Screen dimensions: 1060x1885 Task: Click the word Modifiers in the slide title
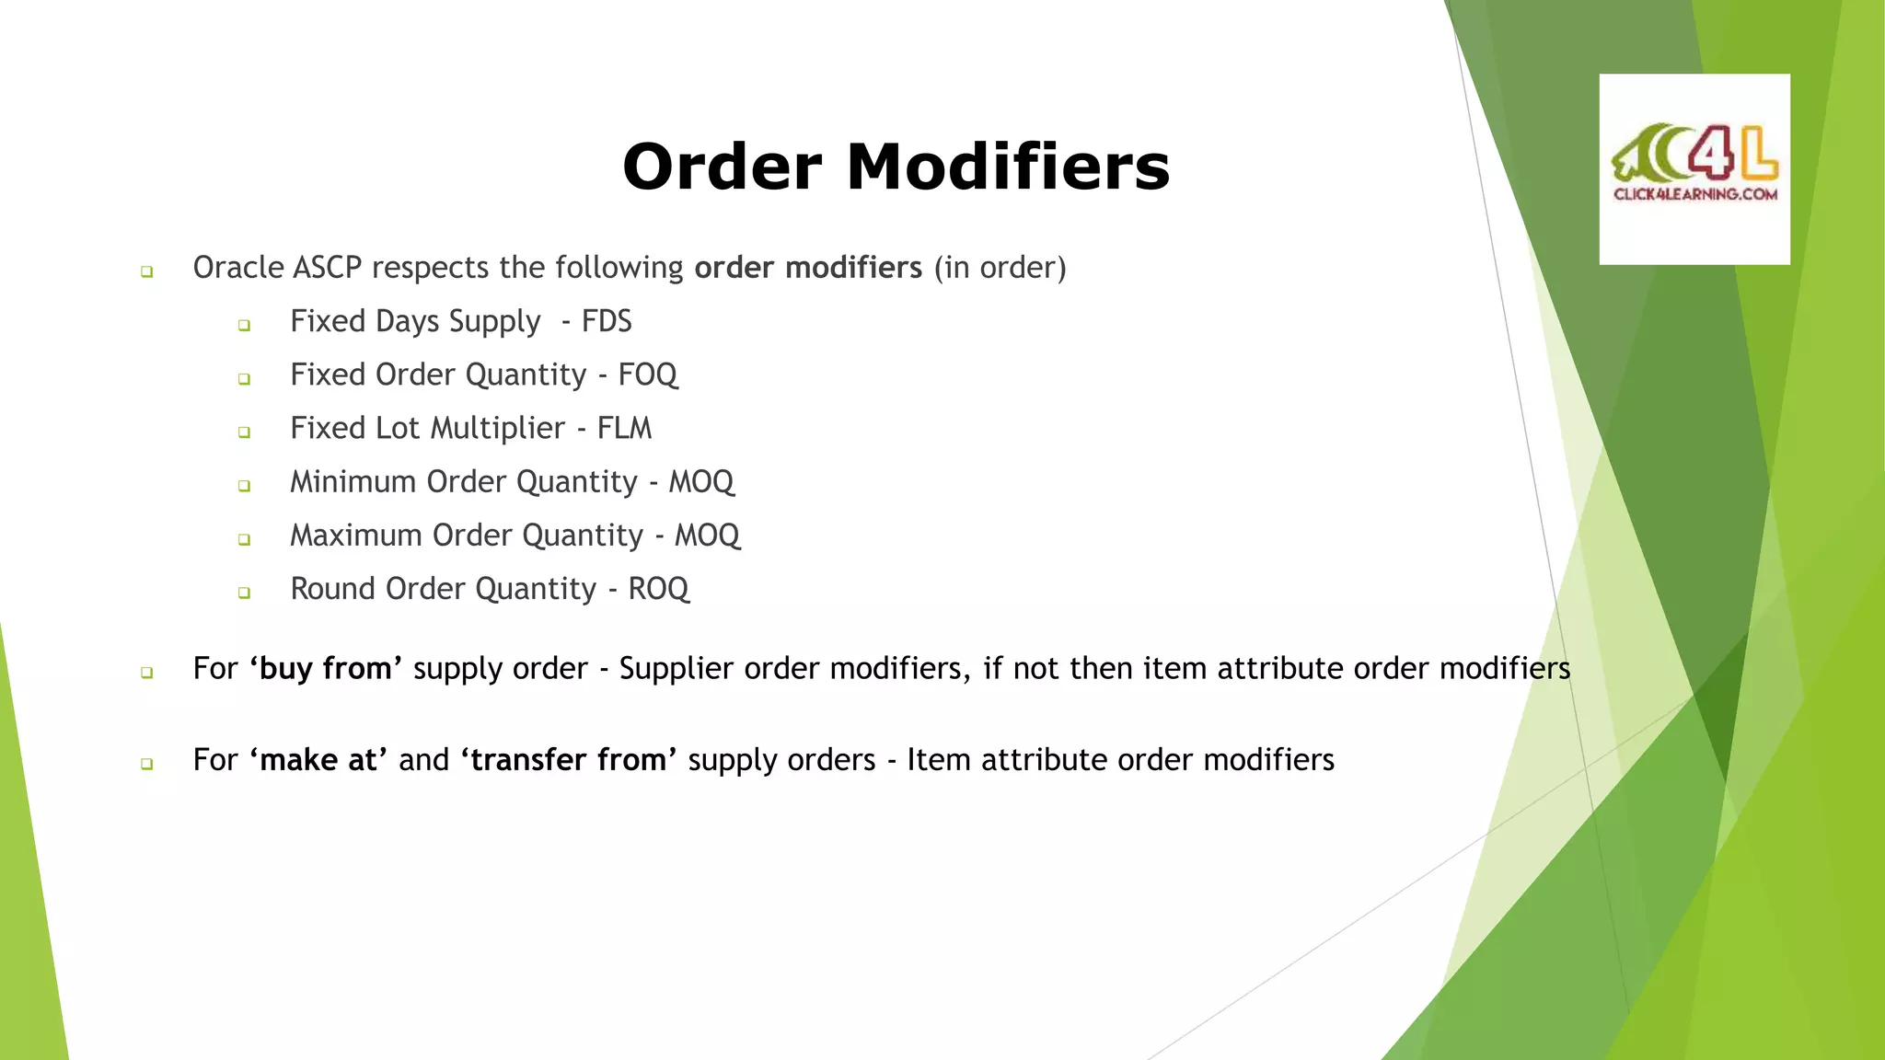pos(1008,167)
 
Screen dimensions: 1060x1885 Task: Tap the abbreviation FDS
pos(607,321)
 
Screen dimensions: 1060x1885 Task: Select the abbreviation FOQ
pos(648,374)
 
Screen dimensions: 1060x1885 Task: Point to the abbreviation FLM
pos(624,428)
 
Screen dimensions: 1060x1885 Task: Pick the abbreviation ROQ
pos(658,589)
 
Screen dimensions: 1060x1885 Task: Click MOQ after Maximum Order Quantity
pos(707,536)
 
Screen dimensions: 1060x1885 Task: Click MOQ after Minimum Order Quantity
pos(701,482)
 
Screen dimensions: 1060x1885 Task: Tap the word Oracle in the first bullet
pos(238,268)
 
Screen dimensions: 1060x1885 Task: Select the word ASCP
pos(328,268)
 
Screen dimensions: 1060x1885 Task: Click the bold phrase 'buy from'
pos(326,668)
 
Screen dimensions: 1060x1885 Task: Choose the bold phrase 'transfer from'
pos(569,760)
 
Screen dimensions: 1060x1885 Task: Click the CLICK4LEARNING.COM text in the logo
pos(1694,194)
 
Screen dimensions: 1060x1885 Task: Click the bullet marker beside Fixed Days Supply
pos(244,325)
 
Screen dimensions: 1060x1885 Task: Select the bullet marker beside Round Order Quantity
pos(244,593)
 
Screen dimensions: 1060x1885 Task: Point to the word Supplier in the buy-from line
pos(676,668)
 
